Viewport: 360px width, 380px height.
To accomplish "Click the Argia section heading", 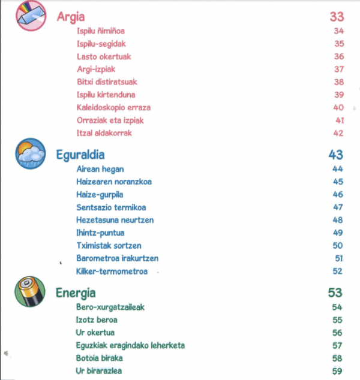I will point(70,16).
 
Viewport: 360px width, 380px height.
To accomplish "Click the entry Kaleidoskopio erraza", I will point(113,108).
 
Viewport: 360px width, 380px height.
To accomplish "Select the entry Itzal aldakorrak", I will point(104,133).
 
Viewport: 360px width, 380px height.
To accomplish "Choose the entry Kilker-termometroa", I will point(112,272).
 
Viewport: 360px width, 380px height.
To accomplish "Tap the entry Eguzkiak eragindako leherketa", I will point(130,345).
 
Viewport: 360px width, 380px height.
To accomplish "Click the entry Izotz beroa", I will point(97,320).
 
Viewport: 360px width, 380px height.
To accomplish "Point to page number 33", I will point(337,16).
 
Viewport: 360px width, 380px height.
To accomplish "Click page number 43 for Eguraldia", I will point(335,155).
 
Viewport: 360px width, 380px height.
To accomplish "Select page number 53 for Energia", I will point(335,293).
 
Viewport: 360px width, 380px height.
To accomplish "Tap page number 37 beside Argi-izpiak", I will point(338,70).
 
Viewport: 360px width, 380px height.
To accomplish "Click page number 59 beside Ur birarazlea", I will point(337,372).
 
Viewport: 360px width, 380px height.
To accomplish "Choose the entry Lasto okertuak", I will point(104,57).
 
